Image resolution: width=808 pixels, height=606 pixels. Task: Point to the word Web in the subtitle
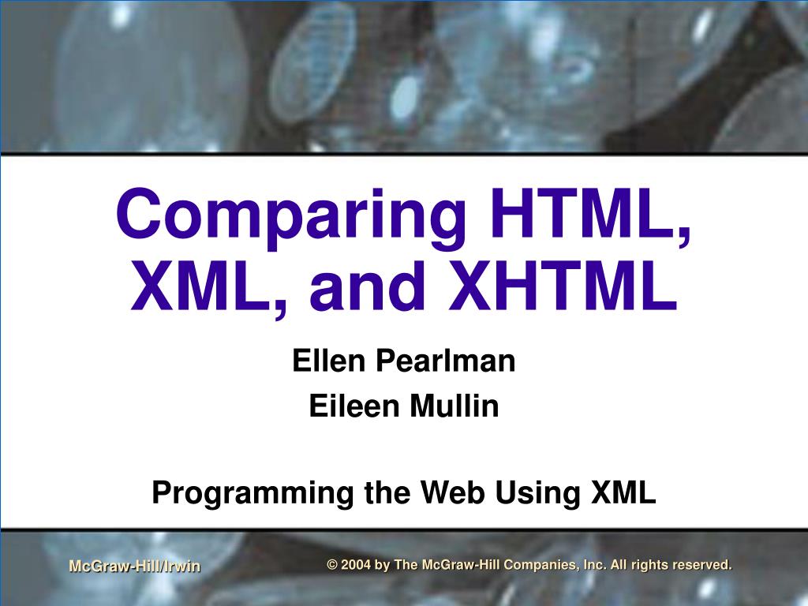tap(453, 492)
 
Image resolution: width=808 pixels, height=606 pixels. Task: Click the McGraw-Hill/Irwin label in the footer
tap(135, 566)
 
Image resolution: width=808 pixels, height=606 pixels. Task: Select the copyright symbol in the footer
tap(332, 565)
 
